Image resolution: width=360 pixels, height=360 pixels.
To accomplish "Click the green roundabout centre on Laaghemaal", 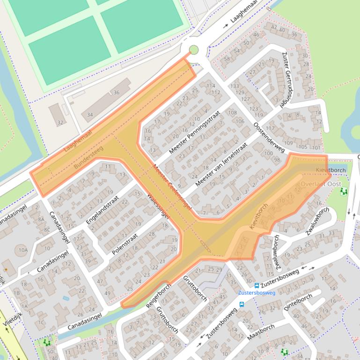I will pyautogui.click(x=193, y=50).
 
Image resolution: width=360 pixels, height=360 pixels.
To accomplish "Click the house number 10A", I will pyautogui.click(x=23, y=250).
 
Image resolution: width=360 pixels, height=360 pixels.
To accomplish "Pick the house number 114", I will pyautogui.click(x=211, y=86).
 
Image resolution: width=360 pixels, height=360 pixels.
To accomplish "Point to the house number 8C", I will pyautogui.click(x=47, y=230).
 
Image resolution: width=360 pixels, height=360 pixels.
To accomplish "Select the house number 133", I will pyautogui.click(x=235, y=86).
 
